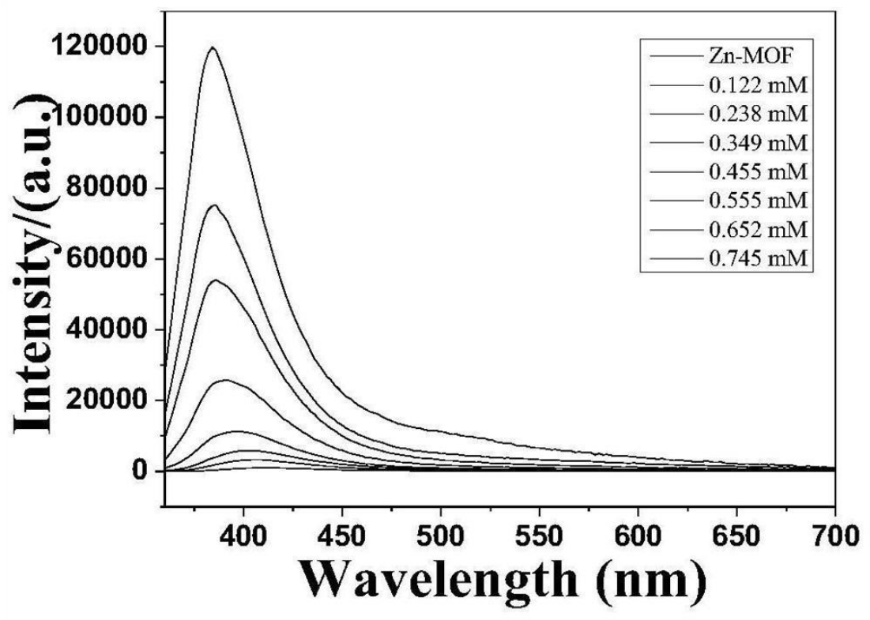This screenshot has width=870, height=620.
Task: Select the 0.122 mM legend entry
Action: pyautogui.click(x=755, y=86)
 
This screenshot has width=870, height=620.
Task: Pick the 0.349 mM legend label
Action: pyautogui.click(x=755, y=144)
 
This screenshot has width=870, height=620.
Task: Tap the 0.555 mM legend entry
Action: pyautogui.click(x=755, y=201)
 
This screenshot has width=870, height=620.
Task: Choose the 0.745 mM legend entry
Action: pyautogui.click(x=755, y=258)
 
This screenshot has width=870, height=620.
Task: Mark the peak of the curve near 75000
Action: pyautogui.click(x=213, y=205)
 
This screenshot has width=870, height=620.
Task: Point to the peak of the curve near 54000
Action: pyautogui.click(x=215, y=280)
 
